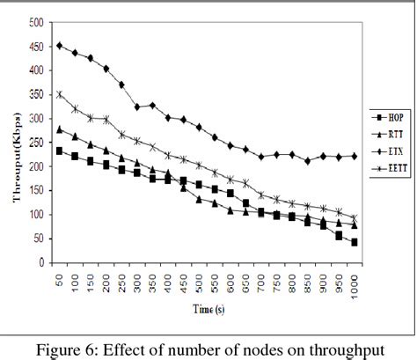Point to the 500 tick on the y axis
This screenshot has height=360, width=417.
pos(35,21)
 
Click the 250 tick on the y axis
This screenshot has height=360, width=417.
pos(35,142)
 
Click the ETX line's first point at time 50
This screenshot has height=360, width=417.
pos(59,45)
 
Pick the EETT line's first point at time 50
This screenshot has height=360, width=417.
pos(59,94)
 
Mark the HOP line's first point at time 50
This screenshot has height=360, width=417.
pos(59,151)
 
